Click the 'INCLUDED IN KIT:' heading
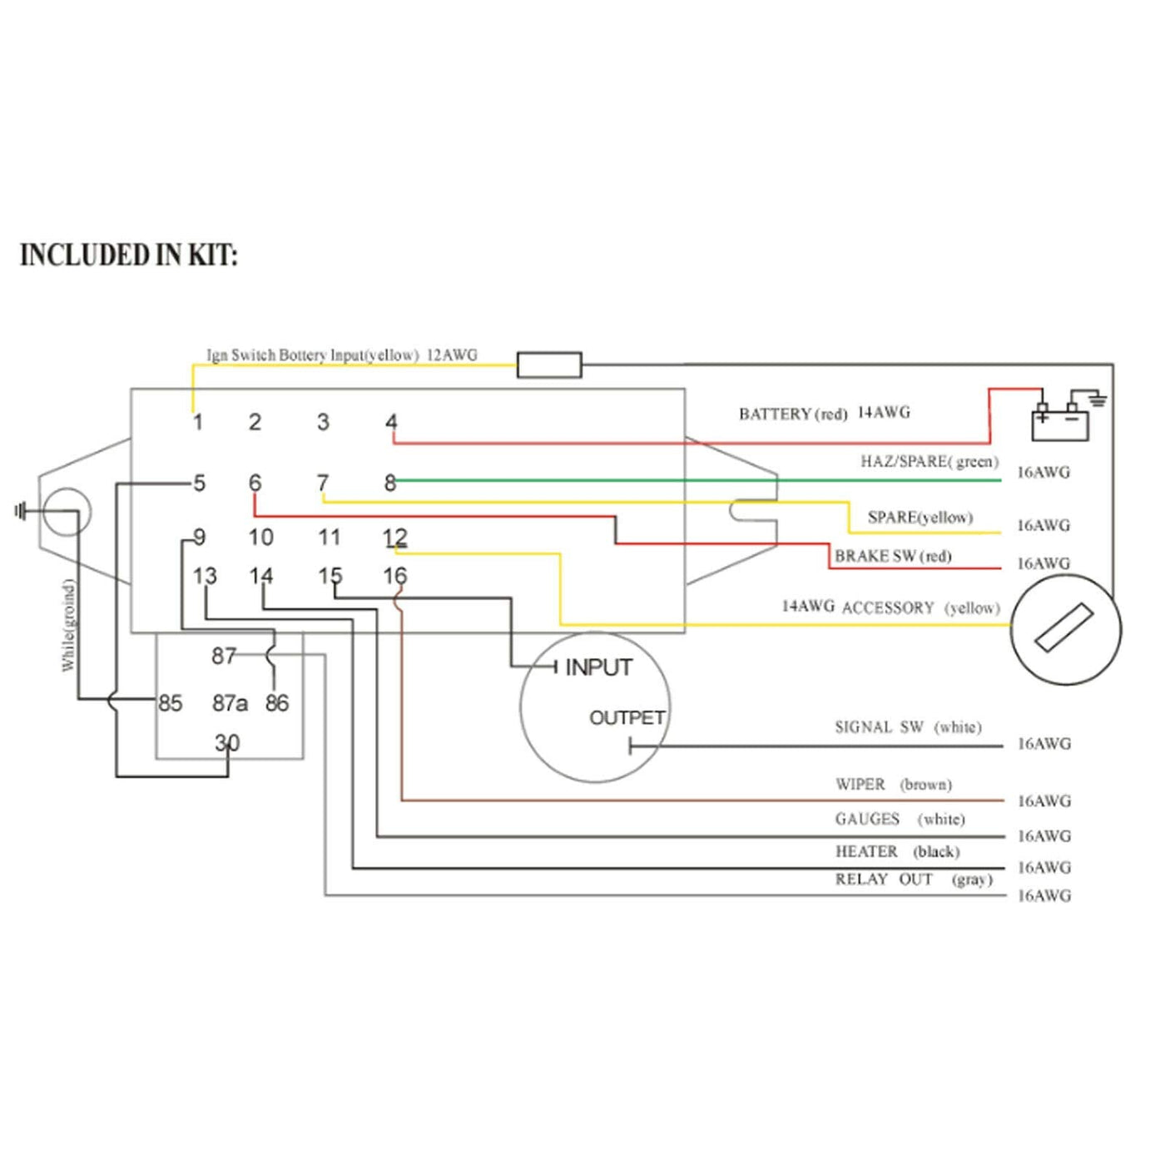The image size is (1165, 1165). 129,255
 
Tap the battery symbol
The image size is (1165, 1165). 1059,423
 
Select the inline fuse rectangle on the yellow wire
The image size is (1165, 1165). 549,364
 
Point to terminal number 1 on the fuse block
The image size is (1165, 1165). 197,422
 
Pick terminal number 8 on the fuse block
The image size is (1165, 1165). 389,483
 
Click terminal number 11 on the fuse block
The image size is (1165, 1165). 329,537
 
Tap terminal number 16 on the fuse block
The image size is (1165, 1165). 394,575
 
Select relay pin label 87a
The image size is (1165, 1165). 230,703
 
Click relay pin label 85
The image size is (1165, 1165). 170,703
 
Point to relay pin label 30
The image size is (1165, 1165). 226,742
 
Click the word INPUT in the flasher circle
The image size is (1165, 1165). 598,667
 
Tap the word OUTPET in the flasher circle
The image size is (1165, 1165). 627,717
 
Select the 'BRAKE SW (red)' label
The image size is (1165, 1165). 893,556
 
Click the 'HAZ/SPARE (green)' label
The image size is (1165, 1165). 930,461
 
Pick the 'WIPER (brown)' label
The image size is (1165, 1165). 894,784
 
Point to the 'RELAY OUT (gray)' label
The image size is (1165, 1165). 914,880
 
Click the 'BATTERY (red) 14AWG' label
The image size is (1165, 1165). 825,413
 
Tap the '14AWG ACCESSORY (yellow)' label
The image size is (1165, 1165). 890,607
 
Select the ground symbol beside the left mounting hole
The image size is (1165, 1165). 20,511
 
